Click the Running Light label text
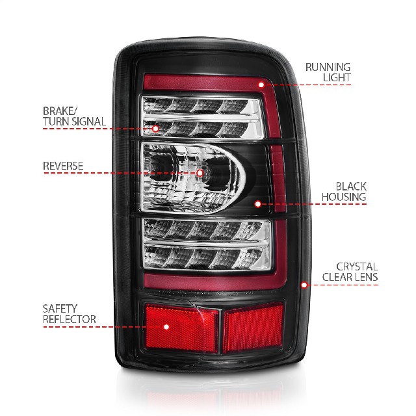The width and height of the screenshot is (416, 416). tap(328, 72)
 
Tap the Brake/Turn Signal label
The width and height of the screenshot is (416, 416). tap(74, 116)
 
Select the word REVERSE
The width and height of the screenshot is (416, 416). tap(63, 166)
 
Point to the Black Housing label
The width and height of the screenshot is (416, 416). tap(344, 192)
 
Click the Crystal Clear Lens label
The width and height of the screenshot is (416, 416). tap(350, 272)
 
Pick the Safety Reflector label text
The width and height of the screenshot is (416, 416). tap(70, 314)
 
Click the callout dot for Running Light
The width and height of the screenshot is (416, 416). tap(261, 84)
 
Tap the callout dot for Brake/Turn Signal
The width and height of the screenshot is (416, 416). tap(155, 129)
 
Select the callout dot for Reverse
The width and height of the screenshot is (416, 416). tap(200, 173)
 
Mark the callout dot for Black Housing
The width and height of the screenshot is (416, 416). tap(257, 204)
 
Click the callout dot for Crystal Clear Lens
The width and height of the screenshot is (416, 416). tap(304, 285)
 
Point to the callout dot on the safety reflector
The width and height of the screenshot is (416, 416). tap(166, 327)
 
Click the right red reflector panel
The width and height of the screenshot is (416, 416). tap(253, 328)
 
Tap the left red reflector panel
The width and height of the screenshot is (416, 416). tap(181, 328)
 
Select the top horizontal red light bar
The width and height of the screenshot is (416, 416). tap(204, 83)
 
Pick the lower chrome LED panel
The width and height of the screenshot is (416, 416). tap(207, 244)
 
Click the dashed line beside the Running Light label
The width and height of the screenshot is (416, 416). tap(307, 85)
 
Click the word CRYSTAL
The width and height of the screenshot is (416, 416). tap(357, 266)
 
